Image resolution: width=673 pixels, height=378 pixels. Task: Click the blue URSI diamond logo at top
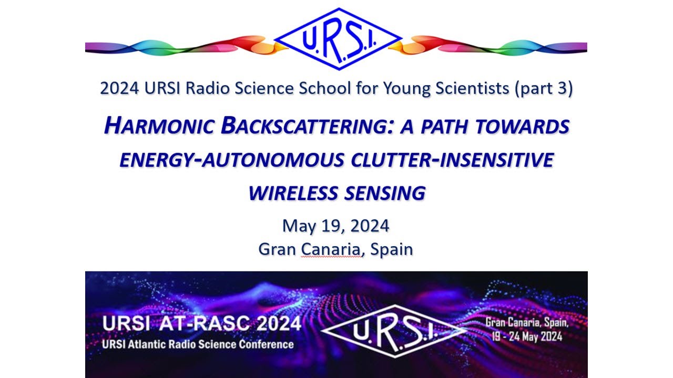pos(338,39)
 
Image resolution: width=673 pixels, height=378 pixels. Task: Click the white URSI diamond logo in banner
pos(393,331)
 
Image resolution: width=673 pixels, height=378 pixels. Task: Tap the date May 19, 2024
pos(335,226)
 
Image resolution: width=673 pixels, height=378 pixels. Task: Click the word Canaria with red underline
pos(331,249)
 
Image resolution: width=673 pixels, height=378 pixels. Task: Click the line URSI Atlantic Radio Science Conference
pos(198,344)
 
